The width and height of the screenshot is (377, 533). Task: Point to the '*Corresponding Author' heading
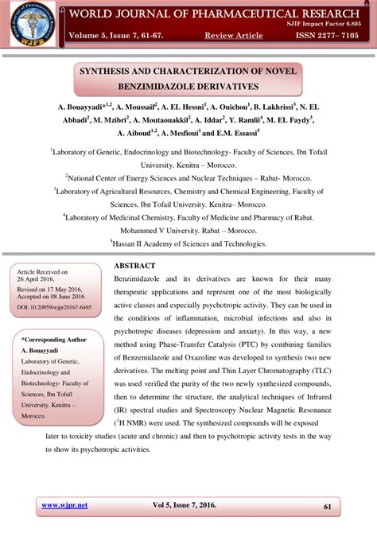point(54,340)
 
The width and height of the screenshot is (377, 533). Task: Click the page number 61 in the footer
point(328,506)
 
